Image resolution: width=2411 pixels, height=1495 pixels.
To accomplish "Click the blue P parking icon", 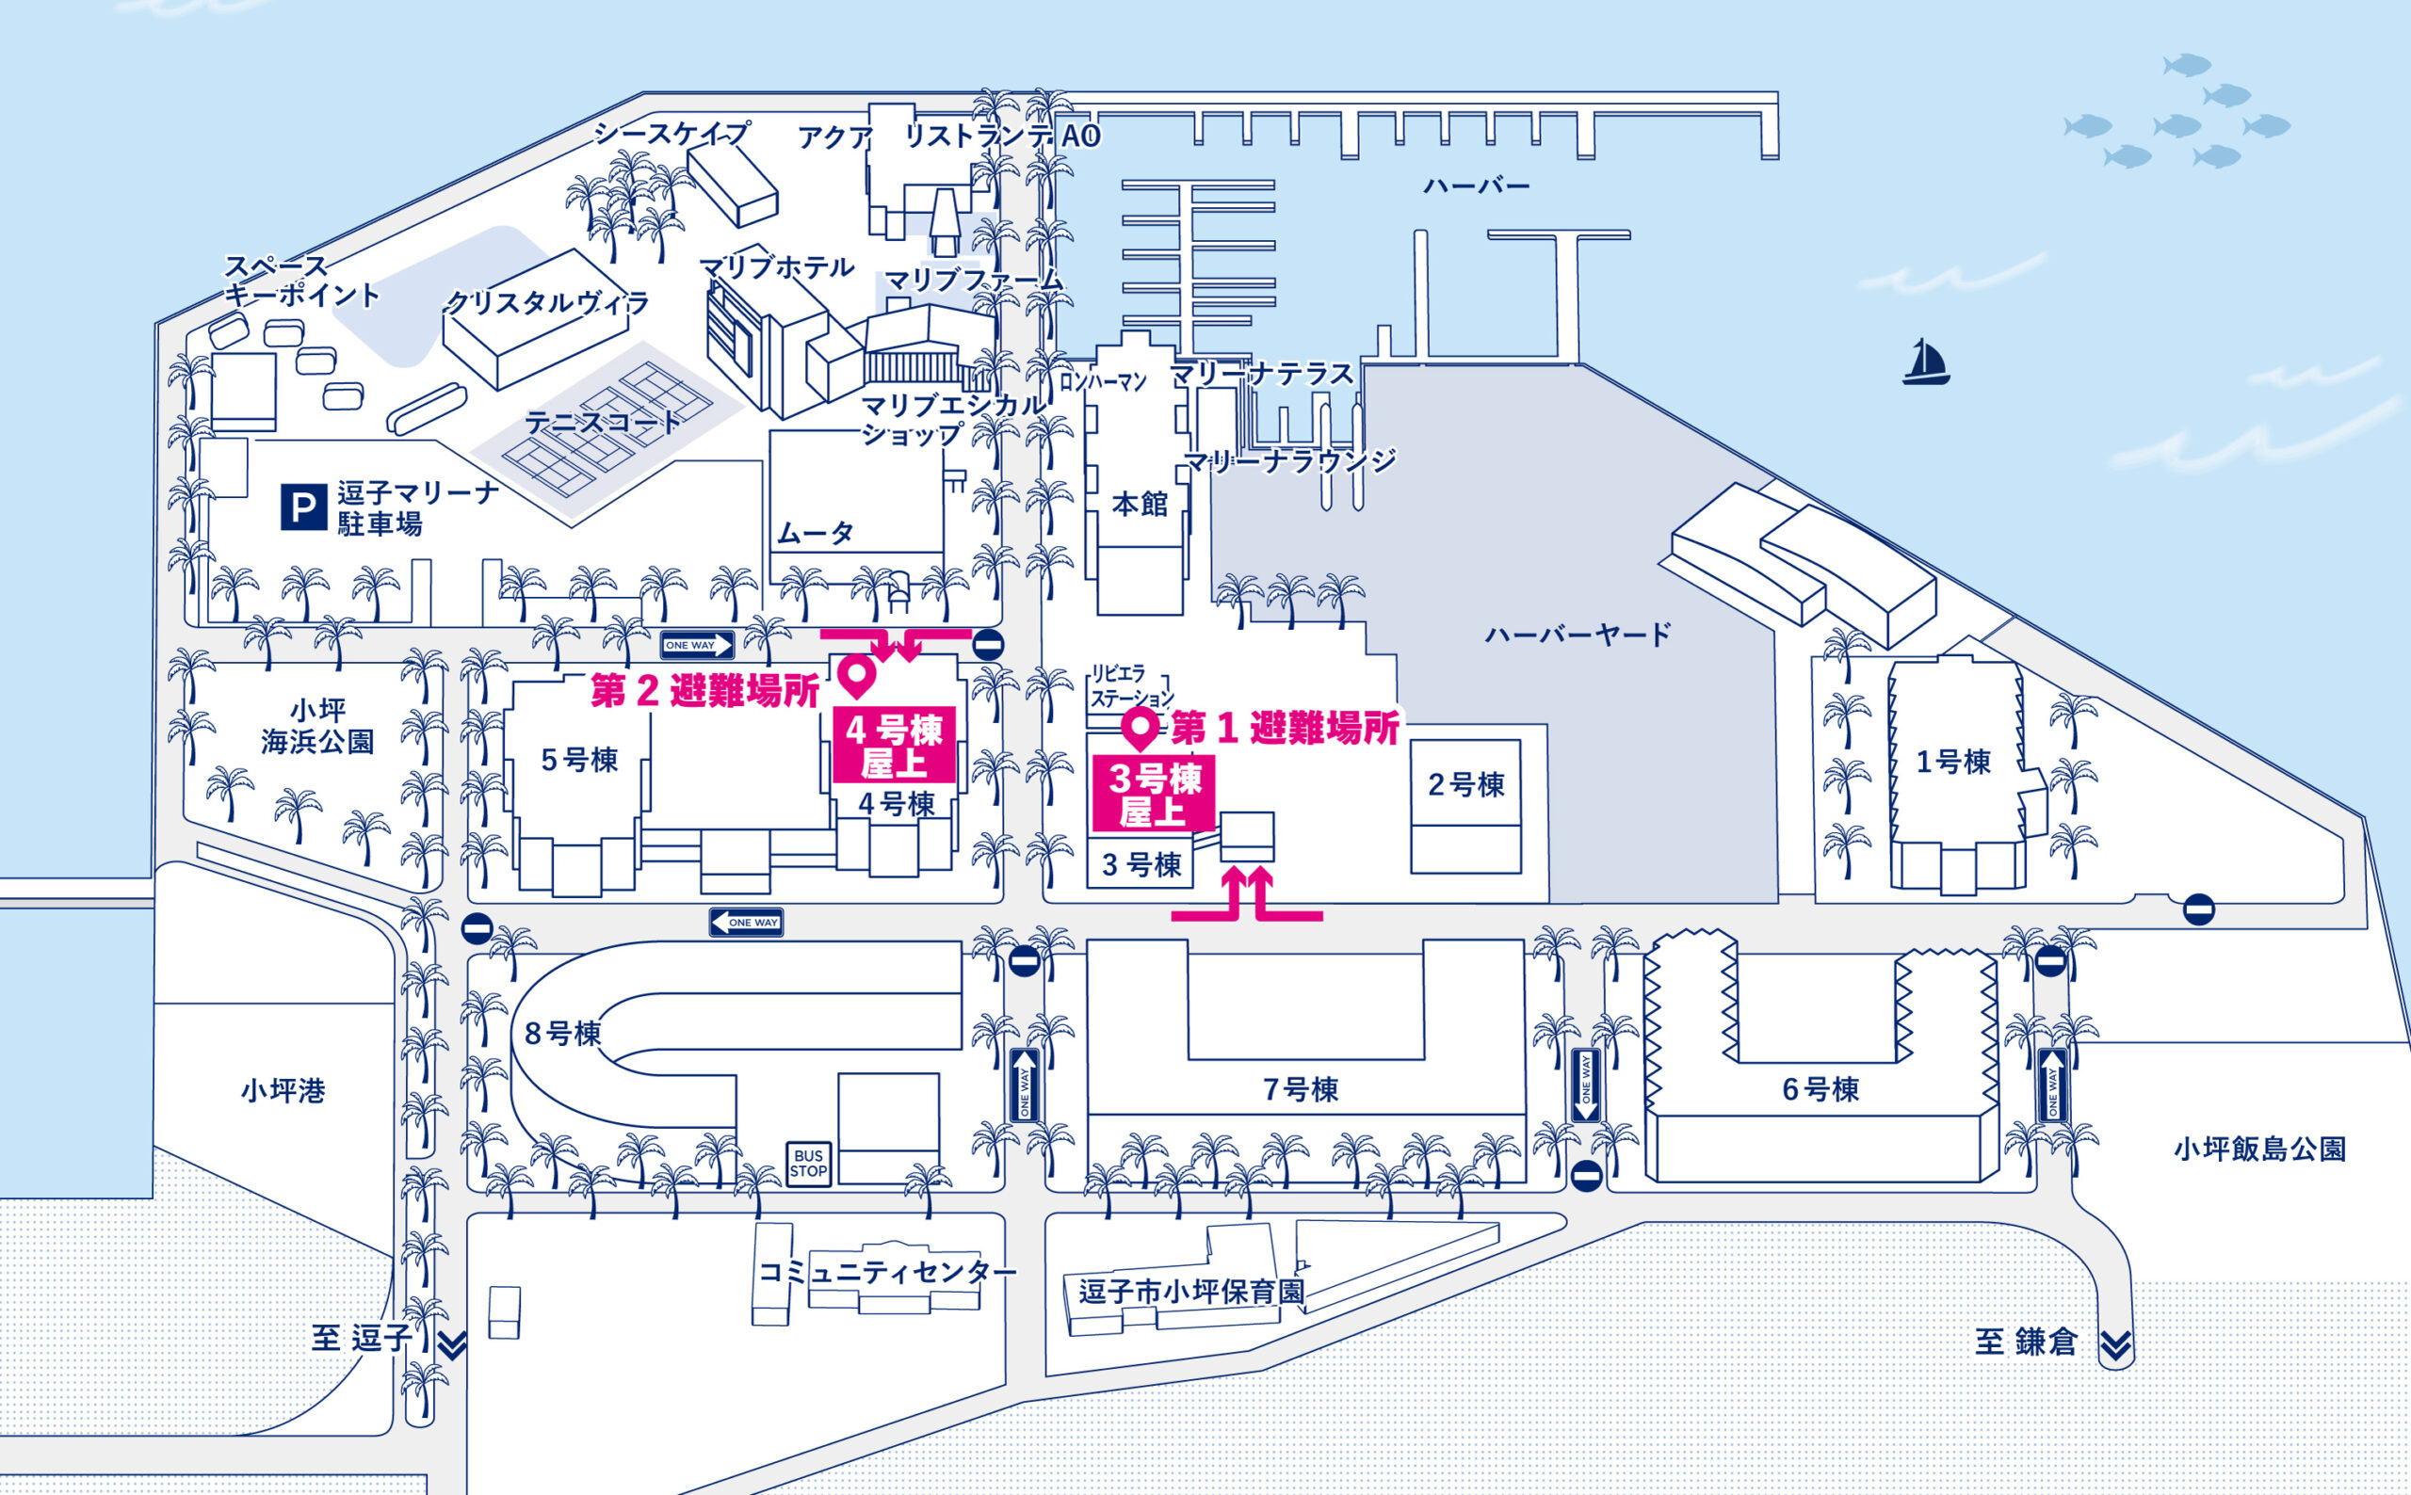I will pos(303,506).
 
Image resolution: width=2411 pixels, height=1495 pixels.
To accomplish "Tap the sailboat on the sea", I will pos(1924,362).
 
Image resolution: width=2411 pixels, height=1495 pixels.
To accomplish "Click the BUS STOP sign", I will pos(808,1163).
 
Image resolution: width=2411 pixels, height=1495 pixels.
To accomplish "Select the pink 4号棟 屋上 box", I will pos(894,746).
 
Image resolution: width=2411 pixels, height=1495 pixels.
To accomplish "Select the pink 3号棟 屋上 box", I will pos(1153,794).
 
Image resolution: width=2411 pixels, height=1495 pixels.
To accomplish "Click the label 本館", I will pos(1141,506).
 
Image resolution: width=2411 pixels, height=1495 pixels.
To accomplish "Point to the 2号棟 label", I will pos(1465,785).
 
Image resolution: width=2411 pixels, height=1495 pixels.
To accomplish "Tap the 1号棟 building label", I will pos(1953,763).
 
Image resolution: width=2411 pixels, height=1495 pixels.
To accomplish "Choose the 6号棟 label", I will pos(1820,1089).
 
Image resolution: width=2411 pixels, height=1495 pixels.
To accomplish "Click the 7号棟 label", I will pos(1301,1089).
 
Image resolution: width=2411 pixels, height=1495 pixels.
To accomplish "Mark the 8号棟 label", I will pos(562,1035).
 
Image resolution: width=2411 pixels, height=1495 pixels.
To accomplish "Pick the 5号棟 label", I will pos(579,761).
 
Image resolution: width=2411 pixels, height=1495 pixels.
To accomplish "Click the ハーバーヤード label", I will pos(1578,634).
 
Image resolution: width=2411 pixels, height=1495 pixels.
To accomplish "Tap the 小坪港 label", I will pos(283,1091).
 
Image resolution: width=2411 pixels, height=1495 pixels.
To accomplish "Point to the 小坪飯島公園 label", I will pos(2259,1149).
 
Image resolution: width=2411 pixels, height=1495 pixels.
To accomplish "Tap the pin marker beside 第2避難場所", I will pos(856,676).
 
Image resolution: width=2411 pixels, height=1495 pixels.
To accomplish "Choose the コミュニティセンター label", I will pos(886,1272).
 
